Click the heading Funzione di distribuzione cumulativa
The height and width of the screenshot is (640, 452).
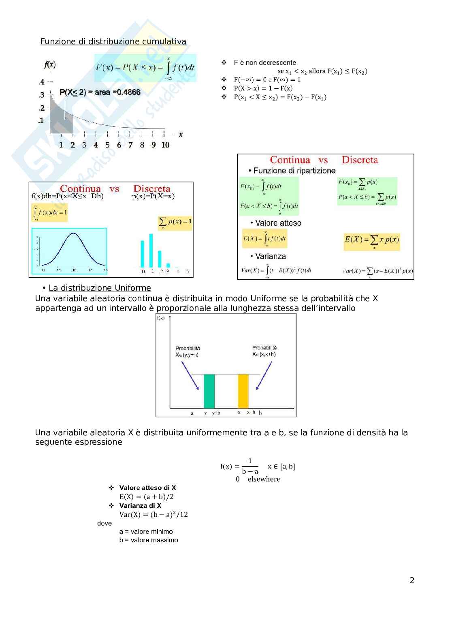pos(113,41)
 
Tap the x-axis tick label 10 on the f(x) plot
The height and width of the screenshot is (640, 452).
pos(165,145)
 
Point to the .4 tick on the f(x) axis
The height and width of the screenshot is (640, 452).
pos(42,82)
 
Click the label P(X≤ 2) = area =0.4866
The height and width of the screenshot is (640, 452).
pos(100,92)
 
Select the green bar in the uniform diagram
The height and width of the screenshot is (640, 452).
pos(209,391)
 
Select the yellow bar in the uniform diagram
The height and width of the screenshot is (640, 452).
pos(243,391)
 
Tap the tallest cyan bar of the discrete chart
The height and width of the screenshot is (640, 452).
pos(151,250)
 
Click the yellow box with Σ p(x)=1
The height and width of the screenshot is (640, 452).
pos(175,223)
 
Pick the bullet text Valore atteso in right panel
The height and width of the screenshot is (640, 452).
pos(278,223)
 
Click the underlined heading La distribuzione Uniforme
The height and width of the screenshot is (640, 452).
pos(100,288)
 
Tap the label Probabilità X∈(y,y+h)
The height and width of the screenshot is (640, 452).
pos(187,351)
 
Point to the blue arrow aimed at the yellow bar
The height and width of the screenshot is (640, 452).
pos(264,376)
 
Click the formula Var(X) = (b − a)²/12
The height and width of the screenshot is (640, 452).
pos(154,514)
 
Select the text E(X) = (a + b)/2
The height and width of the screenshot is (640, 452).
pos(146,497)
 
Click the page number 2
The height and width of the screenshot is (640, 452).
pos(412,580)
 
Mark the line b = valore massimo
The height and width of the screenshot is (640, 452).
pos(149,540)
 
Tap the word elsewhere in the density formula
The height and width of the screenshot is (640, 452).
pos(264,479)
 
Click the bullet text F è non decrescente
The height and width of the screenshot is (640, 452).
pos(265,62)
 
